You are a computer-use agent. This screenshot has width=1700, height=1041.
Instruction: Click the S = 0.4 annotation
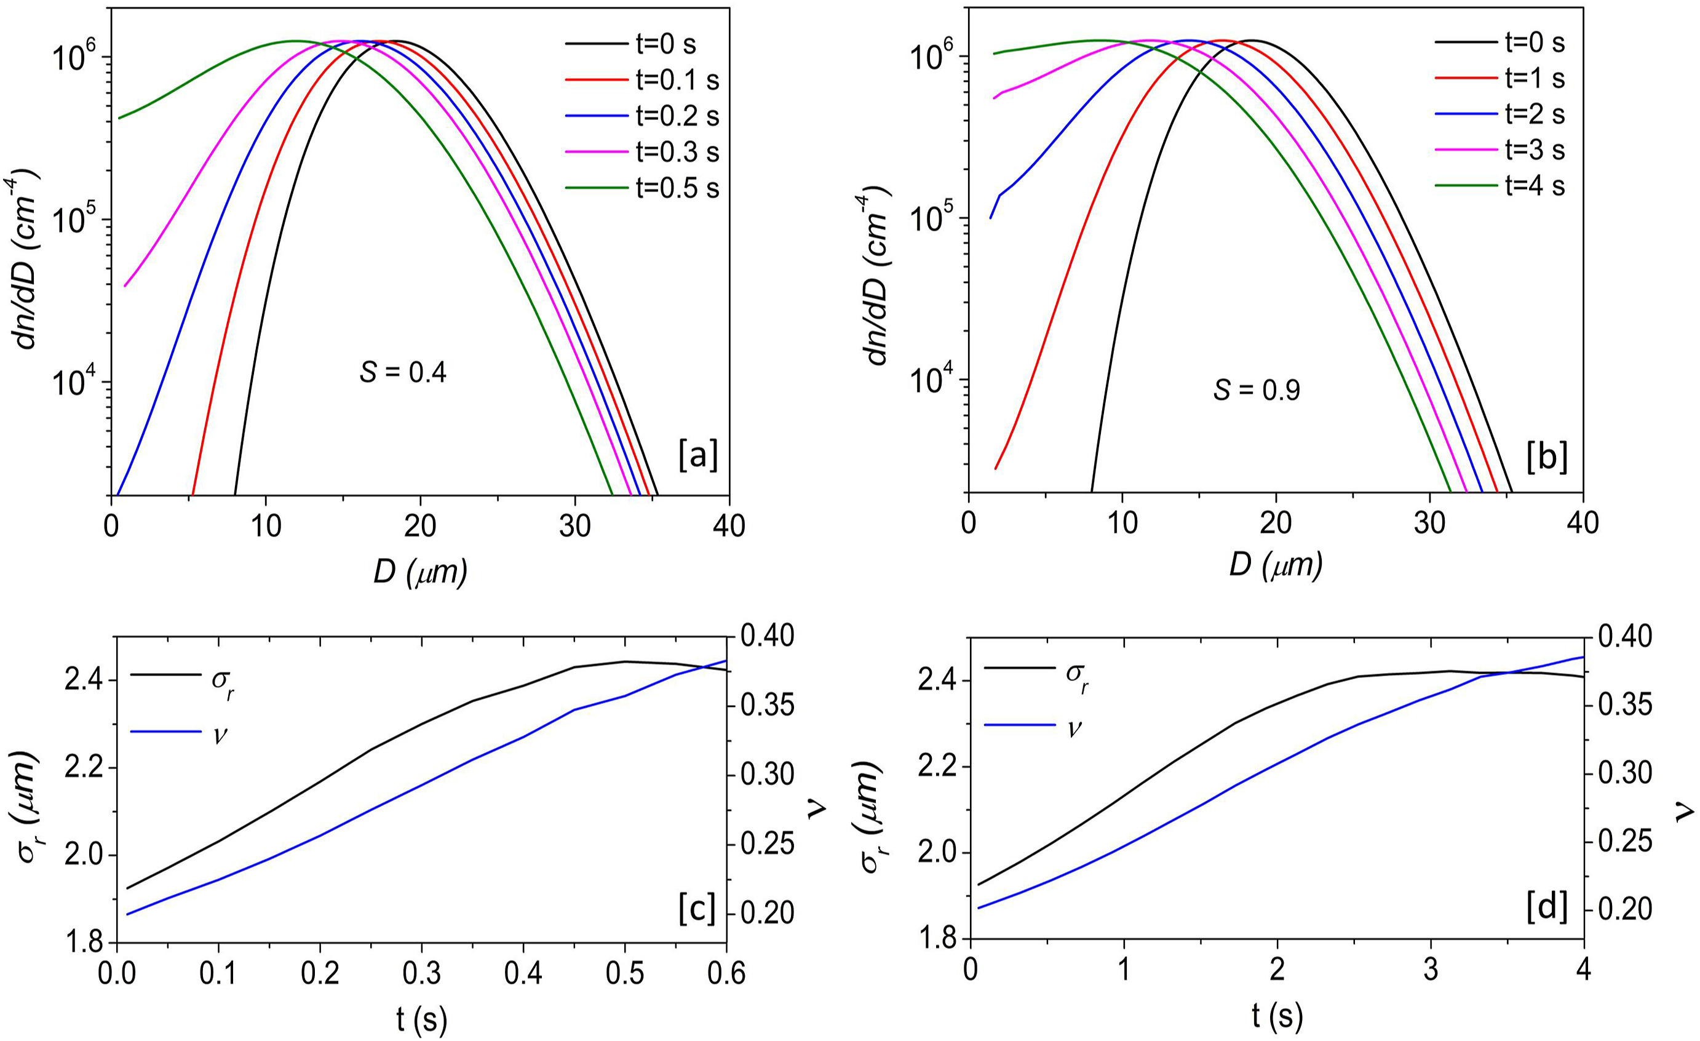point(403,373)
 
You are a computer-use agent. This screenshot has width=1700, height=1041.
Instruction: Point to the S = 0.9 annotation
point(1257,391)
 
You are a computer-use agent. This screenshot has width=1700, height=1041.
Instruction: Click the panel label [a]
point(697,457)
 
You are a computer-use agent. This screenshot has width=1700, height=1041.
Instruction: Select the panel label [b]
point(1547,458)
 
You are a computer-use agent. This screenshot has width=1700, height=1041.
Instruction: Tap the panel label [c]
point(697,909)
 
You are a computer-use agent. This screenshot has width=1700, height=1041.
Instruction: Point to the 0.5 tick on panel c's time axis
point(624,974)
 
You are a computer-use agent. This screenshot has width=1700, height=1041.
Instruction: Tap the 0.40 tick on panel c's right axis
point(766,634)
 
